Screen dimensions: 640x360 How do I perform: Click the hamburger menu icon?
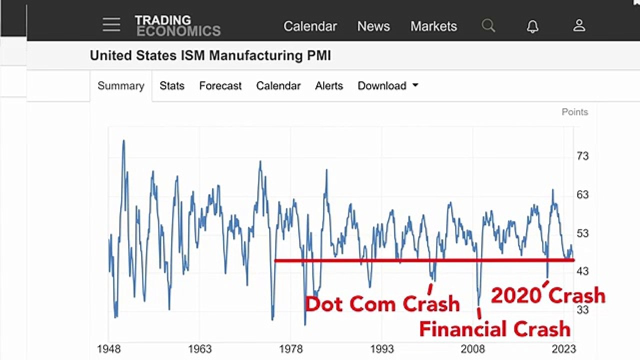coord(111,24)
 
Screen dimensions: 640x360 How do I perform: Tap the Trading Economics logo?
coord(177,25)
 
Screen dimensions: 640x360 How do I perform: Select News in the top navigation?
coord(373,26)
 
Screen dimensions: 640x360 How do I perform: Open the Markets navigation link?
coord(433,26)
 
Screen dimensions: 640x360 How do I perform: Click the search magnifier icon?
coord(488,25)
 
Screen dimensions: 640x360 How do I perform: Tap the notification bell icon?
coord(532,26)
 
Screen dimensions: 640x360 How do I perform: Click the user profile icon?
coord(579,25)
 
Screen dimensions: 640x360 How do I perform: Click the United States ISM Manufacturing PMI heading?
coord(210,55)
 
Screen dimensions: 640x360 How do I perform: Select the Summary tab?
coord(121,85)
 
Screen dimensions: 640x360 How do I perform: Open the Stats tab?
coord(172,85)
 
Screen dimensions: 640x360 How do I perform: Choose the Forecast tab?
coord(220,85)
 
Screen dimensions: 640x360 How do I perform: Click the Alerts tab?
coord(329,85)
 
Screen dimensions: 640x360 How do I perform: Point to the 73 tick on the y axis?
coord(582,156)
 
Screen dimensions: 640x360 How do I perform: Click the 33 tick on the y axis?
coord(582,309)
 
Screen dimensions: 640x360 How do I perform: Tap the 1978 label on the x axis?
coord(290,349)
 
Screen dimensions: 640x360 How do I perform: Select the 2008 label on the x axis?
coord(473,349)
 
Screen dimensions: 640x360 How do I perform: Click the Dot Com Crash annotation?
coord(382,303)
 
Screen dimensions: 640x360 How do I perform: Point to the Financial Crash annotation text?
coord(495,329)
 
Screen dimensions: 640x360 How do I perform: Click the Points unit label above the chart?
coord(575,112)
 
